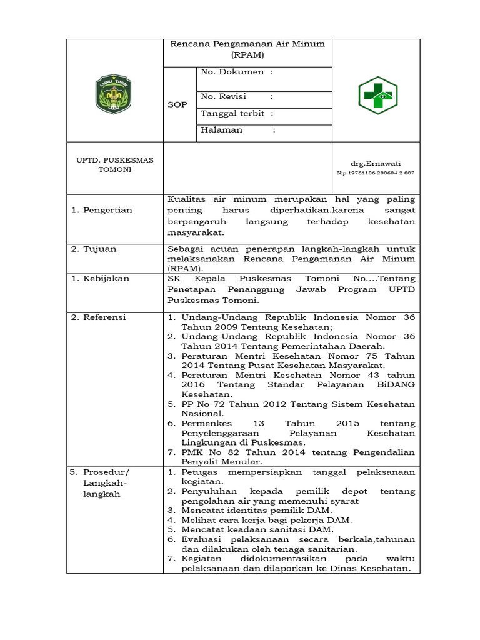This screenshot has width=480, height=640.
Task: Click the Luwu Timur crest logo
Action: point(114,94)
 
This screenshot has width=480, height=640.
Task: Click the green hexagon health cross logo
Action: point(377,95)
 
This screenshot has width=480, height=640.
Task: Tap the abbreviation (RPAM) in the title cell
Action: point(247,55)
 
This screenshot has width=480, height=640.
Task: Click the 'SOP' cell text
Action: point(177,104)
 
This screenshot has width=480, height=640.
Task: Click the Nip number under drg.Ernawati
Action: point(376,172)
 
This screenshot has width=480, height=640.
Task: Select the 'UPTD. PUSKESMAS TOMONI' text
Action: point(114,165)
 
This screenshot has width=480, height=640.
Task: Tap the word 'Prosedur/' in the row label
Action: point(106,472)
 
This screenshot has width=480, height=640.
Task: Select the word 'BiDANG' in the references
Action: point(397,385)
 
